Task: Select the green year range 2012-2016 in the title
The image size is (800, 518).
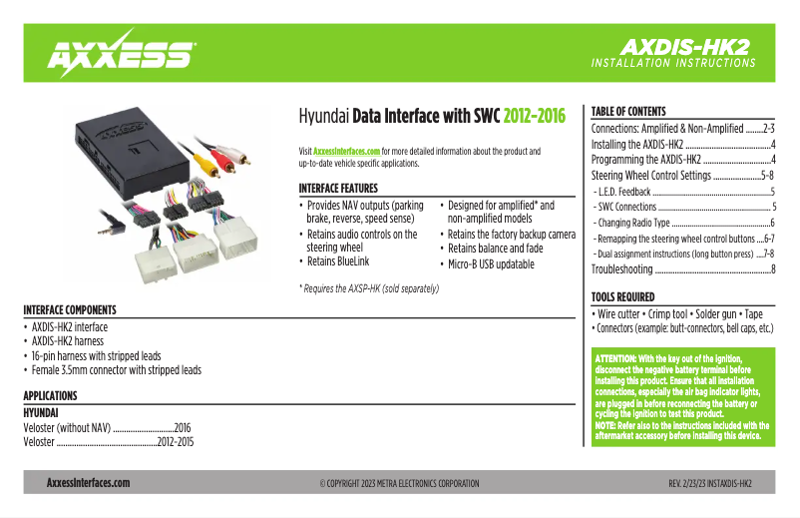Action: point(534,117)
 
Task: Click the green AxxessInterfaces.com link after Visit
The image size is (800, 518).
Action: point(347,151)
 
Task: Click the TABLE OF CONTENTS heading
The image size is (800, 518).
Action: point(628,111)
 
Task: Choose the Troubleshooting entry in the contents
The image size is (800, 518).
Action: point(622,269)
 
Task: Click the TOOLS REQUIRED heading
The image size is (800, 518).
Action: point(623,296)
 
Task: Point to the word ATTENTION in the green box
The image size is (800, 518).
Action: point(616,358)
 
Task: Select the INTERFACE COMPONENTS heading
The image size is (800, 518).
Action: point(70,310)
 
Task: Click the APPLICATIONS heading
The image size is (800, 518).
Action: point(50,395)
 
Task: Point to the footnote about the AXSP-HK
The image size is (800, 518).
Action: point(369,288)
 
